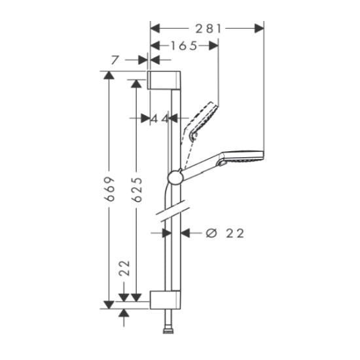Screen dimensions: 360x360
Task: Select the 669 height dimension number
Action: point(111,189)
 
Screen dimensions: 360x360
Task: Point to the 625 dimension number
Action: point(137,189)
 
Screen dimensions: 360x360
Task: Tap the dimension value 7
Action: point(115,60)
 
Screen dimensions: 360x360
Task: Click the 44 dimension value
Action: point(160,118)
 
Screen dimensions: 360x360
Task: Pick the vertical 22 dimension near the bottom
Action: point(124,267)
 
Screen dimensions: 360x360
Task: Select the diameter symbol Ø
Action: point(211,233)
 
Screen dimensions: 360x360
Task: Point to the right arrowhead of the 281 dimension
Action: point(261,28)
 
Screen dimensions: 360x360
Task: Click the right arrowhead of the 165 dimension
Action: point(214,45)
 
